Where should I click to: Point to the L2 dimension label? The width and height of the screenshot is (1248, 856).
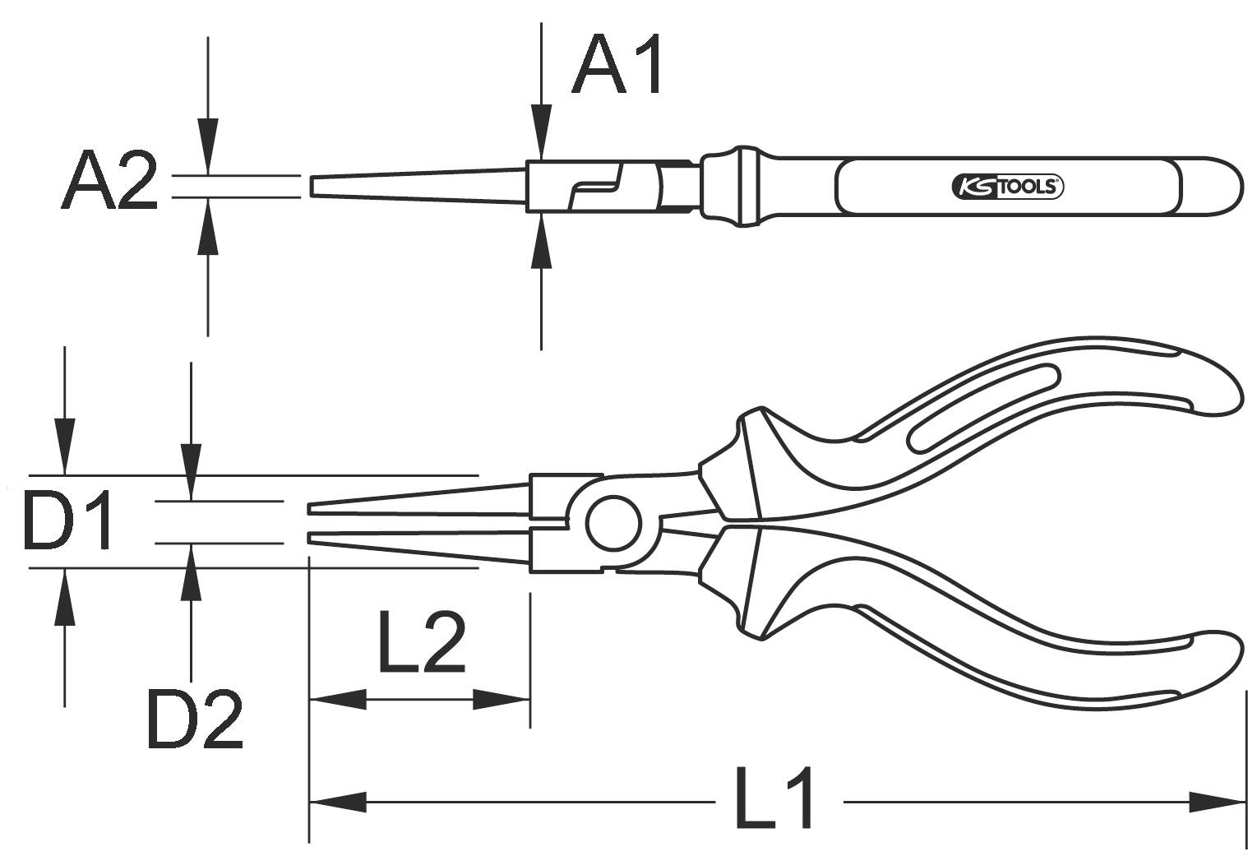click(x=421, y=642)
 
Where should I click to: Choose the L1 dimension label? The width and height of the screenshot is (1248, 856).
click(x=774, y=797)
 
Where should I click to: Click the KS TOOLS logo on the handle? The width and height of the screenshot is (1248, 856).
click(x=1007, y=187)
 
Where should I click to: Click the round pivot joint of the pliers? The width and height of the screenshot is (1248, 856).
click(x=613, y=523)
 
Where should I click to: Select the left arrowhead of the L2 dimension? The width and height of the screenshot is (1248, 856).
click(x=337, y=700)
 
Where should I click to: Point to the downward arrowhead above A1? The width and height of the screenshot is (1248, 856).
click(x=540, y=132)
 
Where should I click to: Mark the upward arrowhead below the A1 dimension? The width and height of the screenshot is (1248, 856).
click(x=540, y=240)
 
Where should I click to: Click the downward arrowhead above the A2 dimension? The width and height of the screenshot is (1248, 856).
click(x=208, y=146)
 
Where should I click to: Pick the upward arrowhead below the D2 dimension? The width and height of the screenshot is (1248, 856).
click(x=191, y=571)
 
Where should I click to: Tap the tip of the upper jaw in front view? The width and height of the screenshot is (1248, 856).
click(x=311, y=509)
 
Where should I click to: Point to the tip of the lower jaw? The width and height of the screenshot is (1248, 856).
click(x=311, y=538)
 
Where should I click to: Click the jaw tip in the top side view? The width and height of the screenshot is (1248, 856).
click(x=313, y=186)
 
